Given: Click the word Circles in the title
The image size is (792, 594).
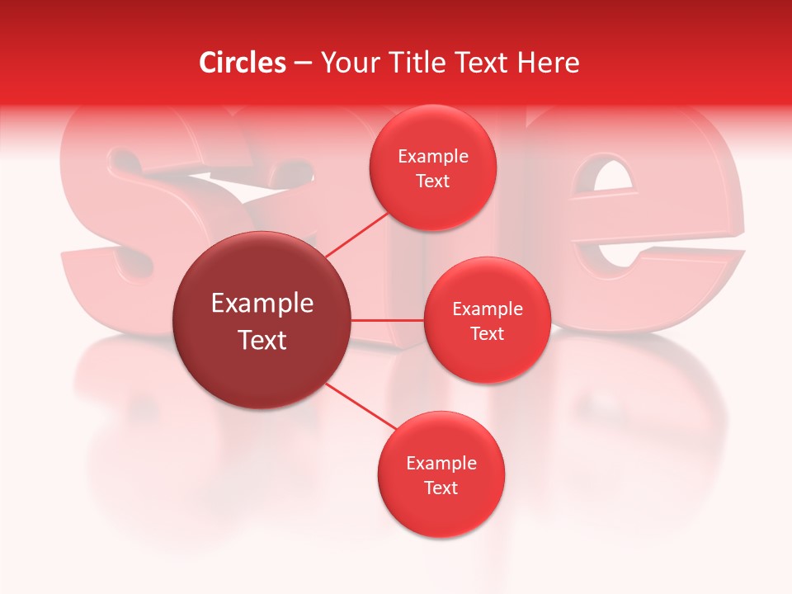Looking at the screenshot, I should (x=243, y=63).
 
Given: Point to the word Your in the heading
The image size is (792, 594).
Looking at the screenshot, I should (x=346, y=63).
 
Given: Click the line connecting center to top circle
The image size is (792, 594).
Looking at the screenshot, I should (x=356, y=233).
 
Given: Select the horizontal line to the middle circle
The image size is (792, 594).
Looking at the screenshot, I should (x=388, y=320).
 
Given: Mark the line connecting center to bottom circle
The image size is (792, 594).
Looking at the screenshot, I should (x=361, y=405).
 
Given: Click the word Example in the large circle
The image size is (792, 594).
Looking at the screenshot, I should (x=262, y=304).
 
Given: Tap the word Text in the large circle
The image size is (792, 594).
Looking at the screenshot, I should (x=262, y=340).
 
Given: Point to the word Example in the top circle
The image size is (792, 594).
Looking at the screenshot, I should (x=433, y=157).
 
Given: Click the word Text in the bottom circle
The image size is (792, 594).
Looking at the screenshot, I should (x=441, y=488).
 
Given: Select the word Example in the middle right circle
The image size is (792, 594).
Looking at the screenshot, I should (x=488, y=309).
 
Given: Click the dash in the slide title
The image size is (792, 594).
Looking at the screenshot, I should (x=303, y=63).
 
